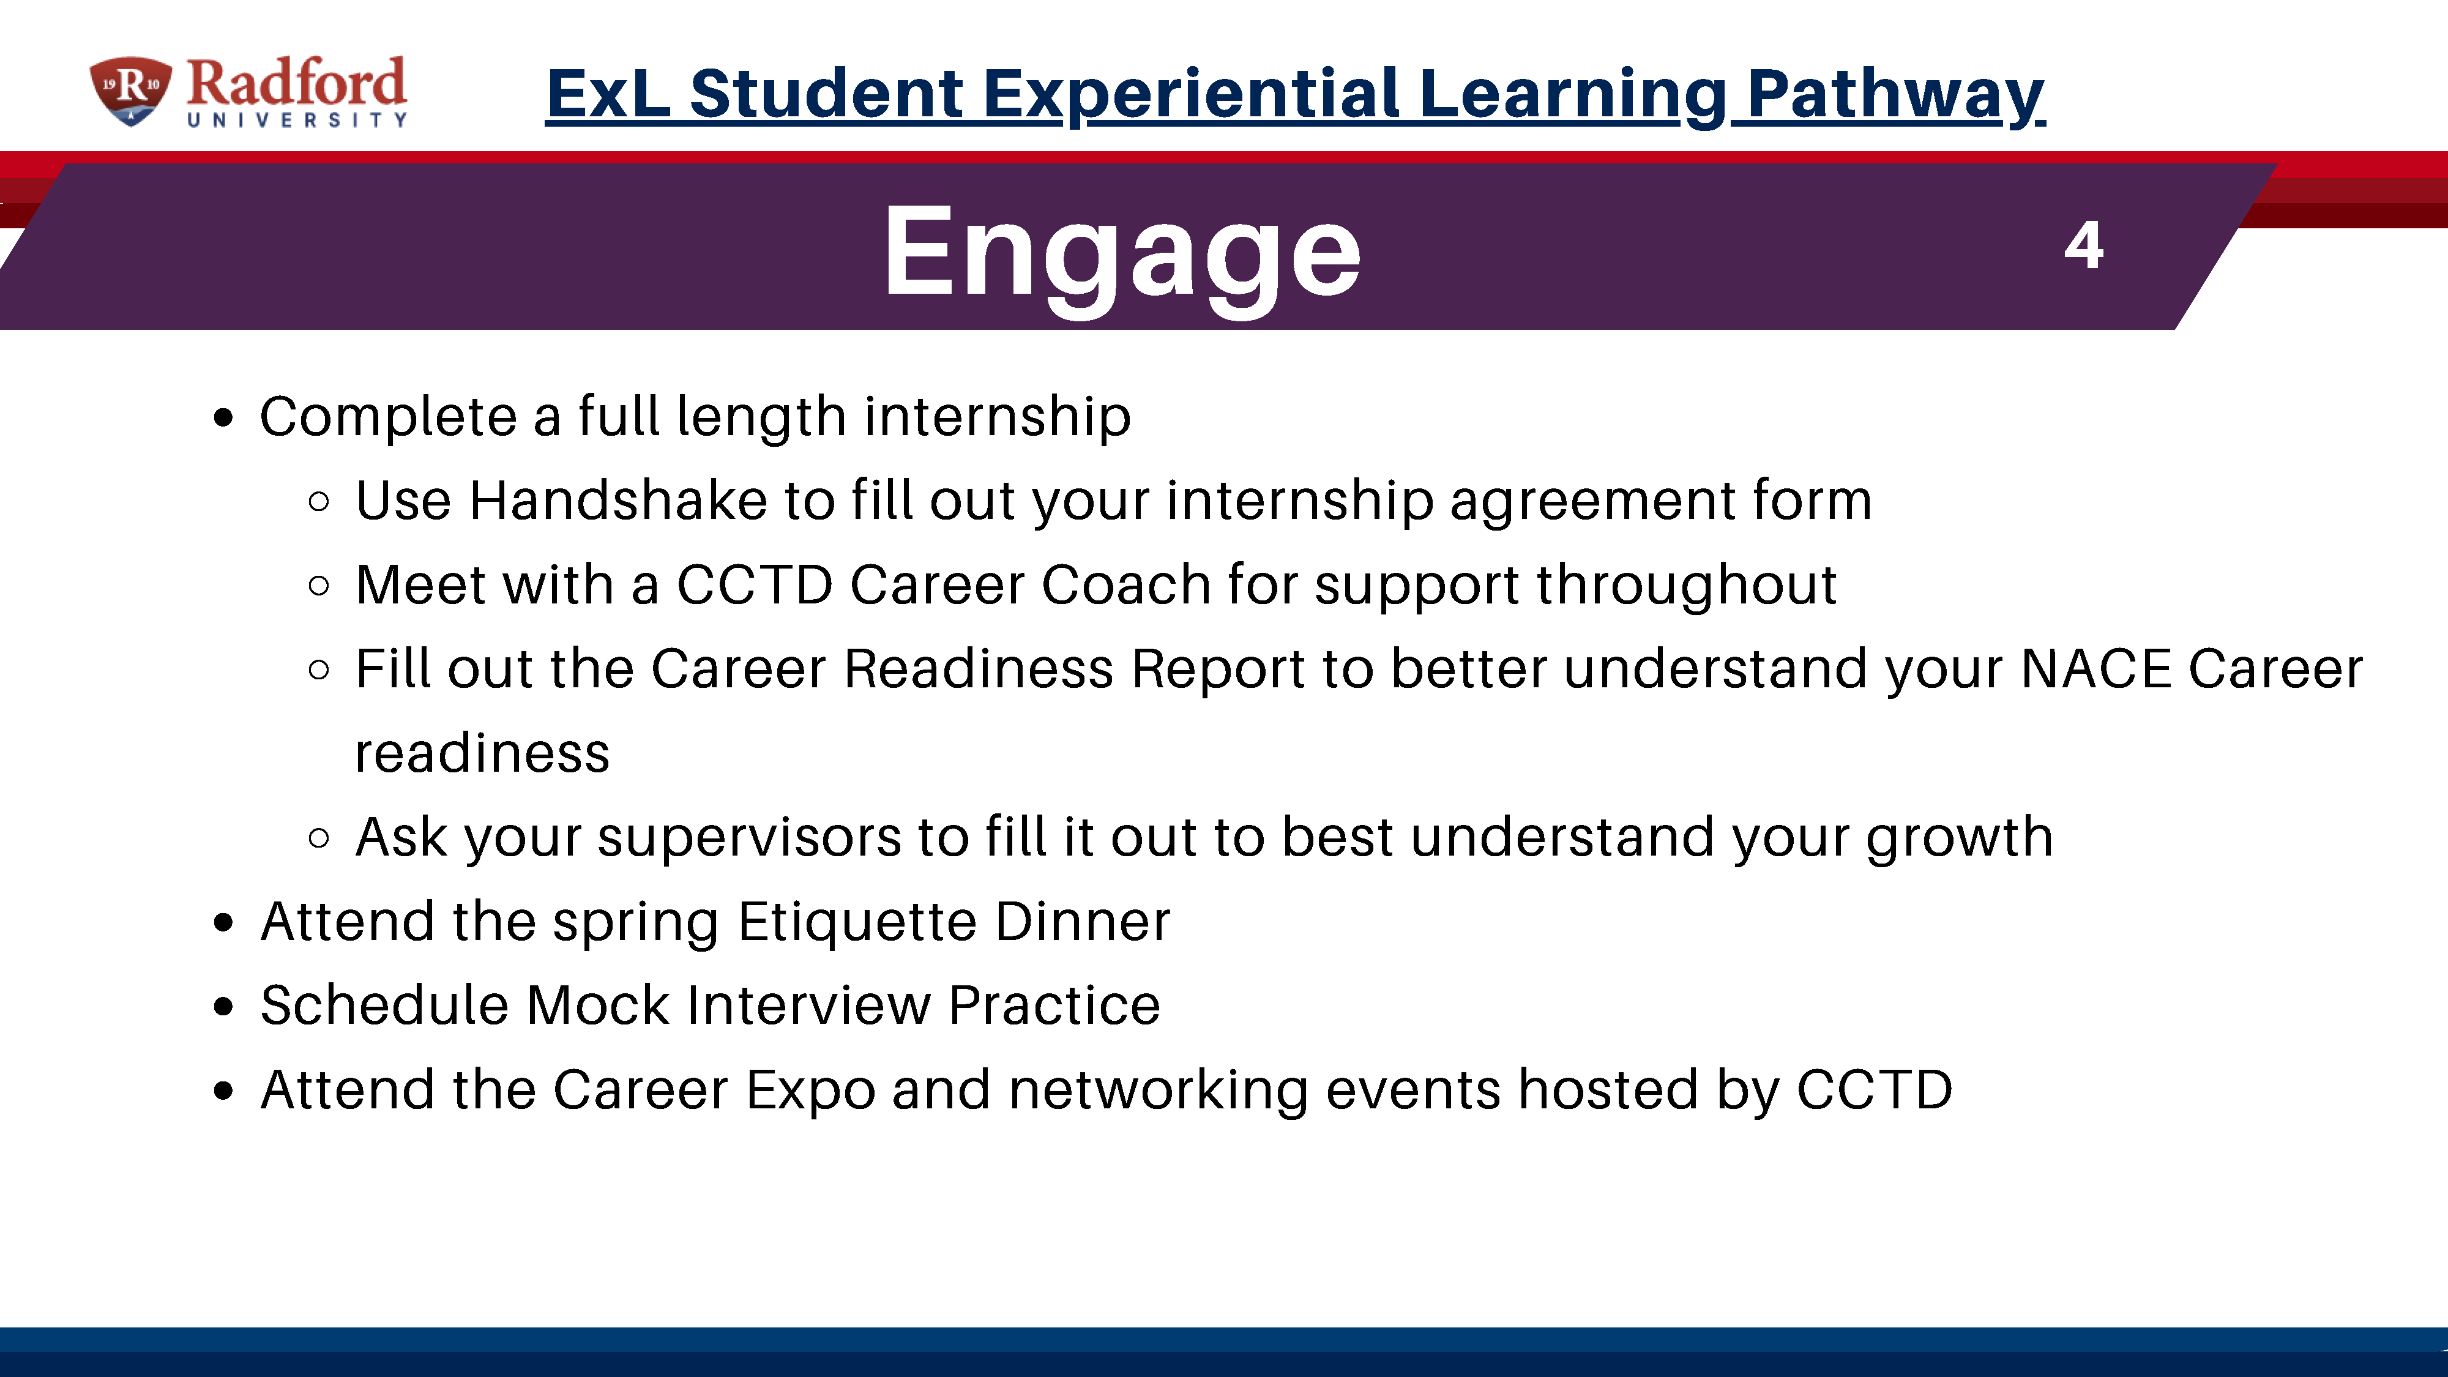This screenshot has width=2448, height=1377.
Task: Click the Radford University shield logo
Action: (130, 91)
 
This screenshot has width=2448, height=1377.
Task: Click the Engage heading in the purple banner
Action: (1122, 255)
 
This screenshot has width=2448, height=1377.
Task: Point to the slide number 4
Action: (2084, 246)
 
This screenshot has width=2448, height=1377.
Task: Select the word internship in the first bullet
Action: (998, 418)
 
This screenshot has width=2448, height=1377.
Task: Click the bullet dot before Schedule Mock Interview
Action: (224, 1006)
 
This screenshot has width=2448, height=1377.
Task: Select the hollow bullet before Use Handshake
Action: (320, 502)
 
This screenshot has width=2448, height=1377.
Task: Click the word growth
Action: (1960, 839)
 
